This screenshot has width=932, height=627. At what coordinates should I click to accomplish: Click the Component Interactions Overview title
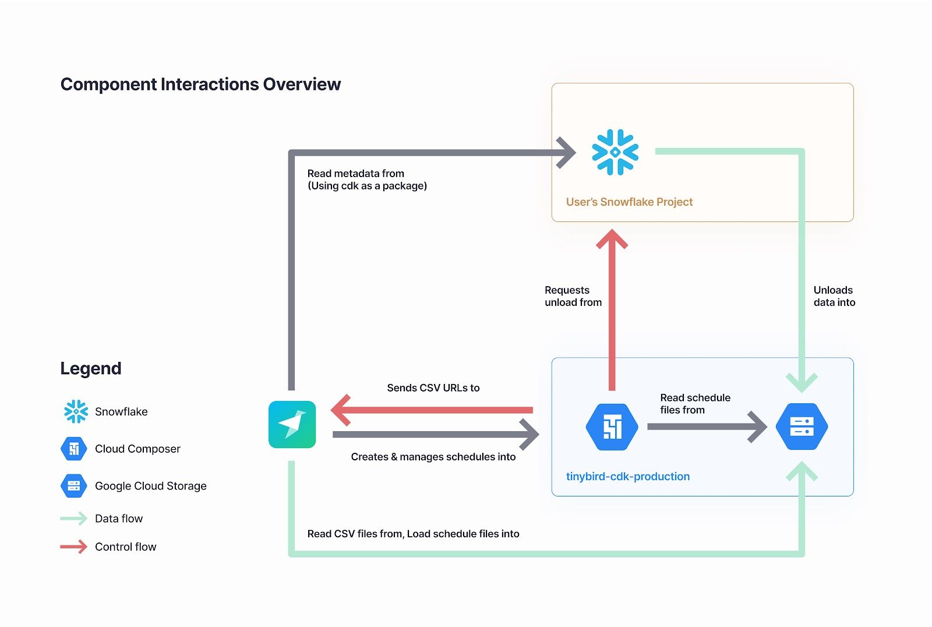coord(200,84)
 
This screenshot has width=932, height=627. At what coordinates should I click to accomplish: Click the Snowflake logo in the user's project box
coord(615,152)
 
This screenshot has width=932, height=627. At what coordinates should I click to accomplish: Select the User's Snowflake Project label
coord(629,202)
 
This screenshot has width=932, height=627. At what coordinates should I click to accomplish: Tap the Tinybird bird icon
coord(292,424)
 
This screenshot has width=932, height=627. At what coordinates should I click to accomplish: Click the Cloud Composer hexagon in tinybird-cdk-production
coord(612,427)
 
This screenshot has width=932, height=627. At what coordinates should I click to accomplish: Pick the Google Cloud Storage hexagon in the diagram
coord(802,427)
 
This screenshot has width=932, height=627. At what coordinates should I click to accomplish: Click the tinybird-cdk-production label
coord(627,477)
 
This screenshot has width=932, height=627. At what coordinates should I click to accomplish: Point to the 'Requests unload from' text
coord(573,296)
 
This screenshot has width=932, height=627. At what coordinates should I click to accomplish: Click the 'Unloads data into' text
coord(834,296)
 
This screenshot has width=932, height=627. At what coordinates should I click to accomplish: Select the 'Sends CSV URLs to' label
coord(433,388)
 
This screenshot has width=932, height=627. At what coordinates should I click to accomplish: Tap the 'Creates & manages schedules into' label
coord(433,457)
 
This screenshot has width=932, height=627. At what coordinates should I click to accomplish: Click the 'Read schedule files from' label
coord(694,404)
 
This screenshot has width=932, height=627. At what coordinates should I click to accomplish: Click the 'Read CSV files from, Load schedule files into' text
coord(413,534)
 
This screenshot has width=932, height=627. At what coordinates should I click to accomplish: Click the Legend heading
coord(91,368)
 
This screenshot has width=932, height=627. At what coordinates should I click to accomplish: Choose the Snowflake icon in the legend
coord(76,411)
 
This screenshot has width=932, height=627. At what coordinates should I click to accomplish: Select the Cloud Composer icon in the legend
coord(74,449)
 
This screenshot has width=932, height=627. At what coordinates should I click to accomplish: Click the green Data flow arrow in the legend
coord(73,519)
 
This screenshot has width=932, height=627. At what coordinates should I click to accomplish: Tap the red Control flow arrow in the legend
coord(73,547)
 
